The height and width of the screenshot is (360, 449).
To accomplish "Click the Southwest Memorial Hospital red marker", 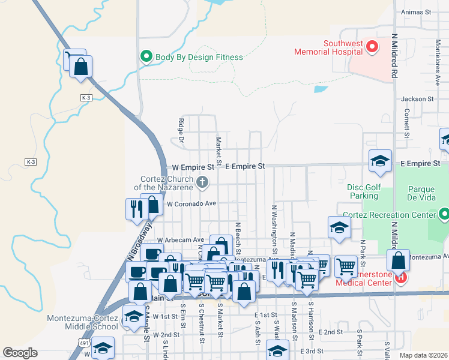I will (372, 46).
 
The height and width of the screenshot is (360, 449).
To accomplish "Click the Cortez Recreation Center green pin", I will (444, 214).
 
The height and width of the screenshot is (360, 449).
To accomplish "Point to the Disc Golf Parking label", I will (364, 191).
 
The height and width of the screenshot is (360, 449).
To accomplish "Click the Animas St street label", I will (420, 11).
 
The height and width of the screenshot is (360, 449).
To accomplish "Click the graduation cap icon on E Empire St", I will (379, 160).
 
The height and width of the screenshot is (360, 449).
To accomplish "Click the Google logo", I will (20, 353).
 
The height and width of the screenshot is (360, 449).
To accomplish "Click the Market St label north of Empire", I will (218, 151).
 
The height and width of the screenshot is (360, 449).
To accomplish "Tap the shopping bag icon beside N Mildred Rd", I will (398, 260).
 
